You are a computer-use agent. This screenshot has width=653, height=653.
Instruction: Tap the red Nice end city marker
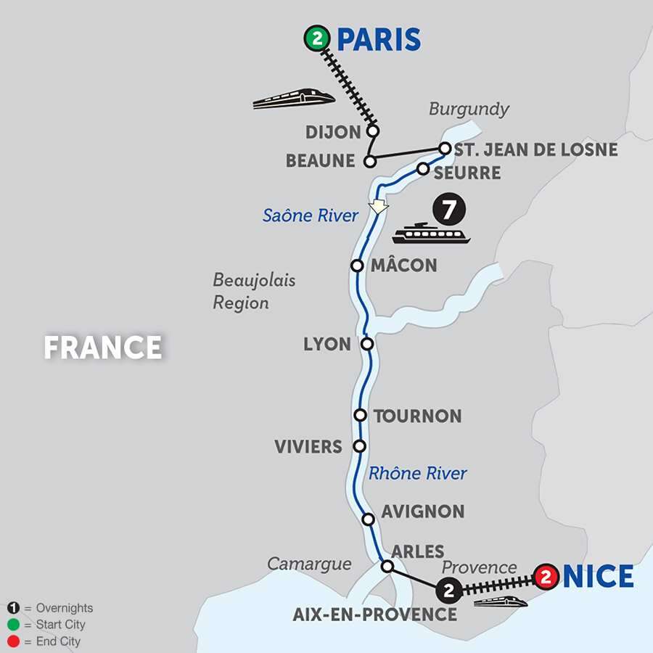tap(546, 578)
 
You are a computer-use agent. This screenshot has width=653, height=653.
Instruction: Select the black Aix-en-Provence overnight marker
tap(448, 591)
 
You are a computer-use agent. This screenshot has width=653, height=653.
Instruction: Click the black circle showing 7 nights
tap(448, 210)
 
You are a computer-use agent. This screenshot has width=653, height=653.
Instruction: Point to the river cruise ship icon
tap(431, 234)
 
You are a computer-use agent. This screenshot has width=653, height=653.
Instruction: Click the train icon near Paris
tap(293, 99)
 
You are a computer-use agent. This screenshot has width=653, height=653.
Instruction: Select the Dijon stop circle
tap(373, 131)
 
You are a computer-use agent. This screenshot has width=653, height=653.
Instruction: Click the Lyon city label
tap(327, 344)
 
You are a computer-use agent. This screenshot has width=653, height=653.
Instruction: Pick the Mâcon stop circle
tap(357, 266)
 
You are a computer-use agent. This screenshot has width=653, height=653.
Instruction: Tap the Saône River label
tap(311, 215)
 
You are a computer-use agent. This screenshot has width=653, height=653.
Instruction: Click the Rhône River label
tap(418, 474)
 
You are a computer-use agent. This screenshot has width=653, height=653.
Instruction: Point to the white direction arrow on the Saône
tap(377, 207)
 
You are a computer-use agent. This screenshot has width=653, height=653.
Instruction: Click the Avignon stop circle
tap(368, 519)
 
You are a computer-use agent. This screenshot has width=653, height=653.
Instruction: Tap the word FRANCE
tap(102, 348)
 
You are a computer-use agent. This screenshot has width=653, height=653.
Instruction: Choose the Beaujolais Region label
tap(254, 291)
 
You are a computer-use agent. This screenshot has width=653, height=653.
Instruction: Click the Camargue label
tap(309, 564)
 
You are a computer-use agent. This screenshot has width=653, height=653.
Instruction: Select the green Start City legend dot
tap(14, 625)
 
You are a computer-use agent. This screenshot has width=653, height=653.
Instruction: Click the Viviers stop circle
tap(358, 445)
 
